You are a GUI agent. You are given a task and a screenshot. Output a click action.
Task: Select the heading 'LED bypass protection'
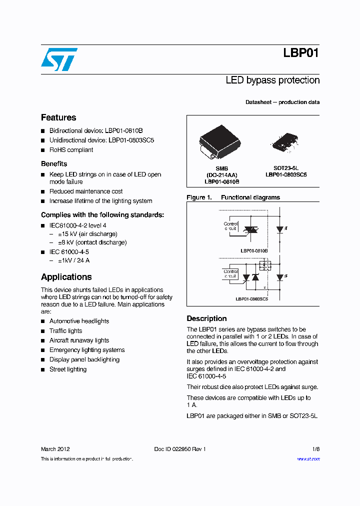pos(272,80)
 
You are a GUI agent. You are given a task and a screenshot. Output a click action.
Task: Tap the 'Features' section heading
pos(58,117)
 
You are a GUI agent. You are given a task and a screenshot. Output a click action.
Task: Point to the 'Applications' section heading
pos(66,277)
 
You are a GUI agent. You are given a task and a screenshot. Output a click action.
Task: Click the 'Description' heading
pos(206,318)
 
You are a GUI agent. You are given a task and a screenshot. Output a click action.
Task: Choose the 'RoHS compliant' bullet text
pos(71,150)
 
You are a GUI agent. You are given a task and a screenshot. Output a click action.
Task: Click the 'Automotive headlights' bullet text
pos(79,321)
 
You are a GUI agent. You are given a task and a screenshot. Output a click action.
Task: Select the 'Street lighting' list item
pos(68,369)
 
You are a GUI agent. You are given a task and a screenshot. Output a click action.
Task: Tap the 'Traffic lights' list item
pos(65,331)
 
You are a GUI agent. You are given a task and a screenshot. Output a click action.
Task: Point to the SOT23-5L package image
pos(285,140)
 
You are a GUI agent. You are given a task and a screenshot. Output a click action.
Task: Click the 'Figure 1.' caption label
pos(198,197)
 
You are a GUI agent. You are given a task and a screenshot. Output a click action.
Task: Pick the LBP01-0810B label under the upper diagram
pos(254,250)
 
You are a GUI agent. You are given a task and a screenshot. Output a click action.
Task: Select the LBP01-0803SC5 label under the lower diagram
pos(251,298)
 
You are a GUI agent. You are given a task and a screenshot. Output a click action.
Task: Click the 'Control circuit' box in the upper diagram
pos(230,227)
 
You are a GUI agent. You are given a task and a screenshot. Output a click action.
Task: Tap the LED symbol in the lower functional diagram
pos(280,276)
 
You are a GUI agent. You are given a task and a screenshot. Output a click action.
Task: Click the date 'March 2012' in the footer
pos(55,449)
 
